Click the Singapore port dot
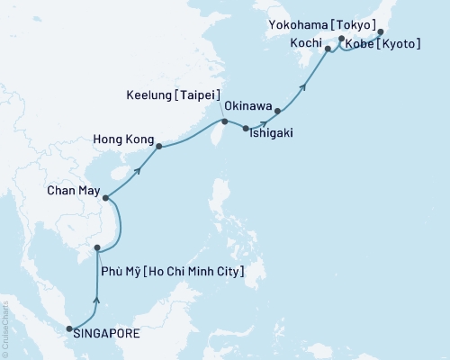pos(69,330)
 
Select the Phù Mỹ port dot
pos(97,247)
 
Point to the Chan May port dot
pos(106,197)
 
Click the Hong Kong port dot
pos(158,146)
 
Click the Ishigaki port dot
pos(246,129)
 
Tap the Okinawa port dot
pos(277,112)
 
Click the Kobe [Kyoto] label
pos(382,43)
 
